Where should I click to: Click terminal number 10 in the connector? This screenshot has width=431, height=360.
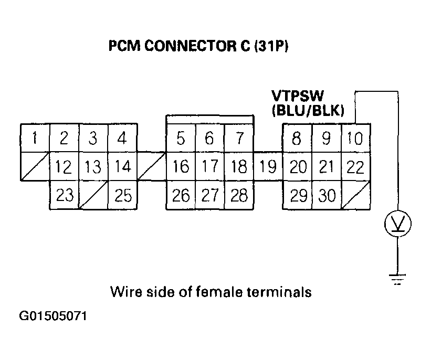(x=356, y=139)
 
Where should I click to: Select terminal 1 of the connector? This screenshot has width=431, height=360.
(x=34, y=139)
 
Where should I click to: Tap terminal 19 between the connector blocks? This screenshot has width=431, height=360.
(x=268, y=167)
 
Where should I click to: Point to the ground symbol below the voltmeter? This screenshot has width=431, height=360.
(x=398, y=279)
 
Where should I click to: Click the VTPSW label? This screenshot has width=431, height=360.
(x=298, y=97)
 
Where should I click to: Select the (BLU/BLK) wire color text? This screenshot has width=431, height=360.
(x=308, y=110)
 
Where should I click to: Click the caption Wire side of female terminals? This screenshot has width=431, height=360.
(x=211, y=291)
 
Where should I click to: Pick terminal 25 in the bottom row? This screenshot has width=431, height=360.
(x=123, y=196)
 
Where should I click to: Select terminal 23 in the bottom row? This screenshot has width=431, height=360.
(x=64, y=196)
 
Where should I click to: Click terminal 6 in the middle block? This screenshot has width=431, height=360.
(x=209, y=139)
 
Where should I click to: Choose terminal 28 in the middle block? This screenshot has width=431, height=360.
(x=239, y=196)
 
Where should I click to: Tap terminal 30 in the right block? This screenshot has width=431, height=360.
(x=327, y=196)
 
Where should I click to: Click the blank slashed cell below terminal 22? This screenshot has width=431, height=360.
(x=356, y=196)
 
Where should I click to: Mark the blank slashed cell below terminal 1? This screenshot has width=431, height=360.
(x=34, y=167)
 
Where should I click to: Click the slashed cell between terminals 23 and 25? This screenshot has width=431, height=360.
(x=93, y=196)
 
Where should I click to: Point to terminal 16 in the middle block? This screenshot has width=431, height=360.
(x=181, y=167)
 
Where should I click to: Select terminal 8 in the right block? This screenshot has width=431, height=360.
(x=298, y=139)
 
